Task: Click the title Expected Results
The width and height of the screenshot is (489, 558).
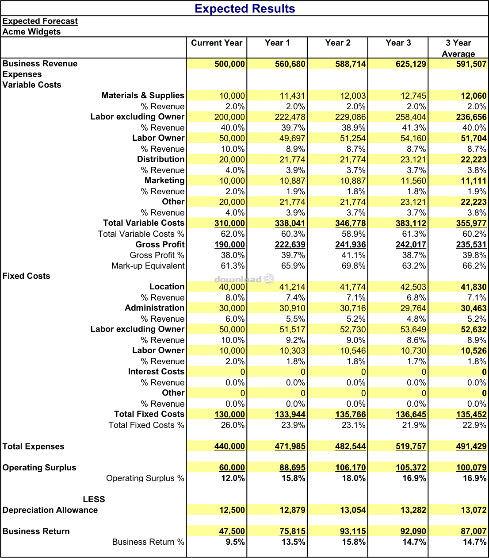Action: point(244,8)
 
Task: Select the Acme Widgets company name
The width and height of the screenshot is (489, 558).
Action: point(31,32)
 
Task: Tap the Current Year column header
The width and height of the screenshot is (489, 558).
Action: point(217,43)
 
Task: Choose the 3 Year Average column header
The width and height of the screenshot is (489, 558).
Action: point(458,48)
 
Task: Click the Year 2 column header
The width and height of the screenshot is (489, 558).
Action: point(338,43)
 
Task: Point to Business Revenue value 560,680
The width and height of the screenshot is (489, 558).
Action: point(290,64)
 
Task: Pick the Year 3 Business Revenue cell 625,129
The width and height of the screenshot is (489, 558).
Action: point(411,64)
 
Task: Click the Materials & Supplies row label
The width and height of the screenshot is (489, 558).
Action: point(142,96)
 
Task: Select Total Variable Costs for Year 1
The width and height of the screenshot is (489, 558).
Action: point(290,223)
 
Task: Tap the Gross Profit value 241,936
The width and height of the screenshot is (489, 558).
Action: point(351,245)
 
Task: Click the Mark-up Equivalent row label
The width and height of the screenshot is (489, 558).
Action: point(148,266)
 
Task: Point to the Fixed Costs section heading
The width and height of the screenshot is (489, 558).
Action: point(27,276)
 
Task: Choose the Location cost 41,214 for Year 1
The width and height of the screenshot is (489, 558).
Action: point(292,287)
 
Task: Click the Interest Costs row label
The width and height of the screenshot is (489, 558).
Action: point(156,372)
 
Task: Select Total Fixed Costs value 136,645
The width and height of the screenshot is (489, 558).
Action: point(411,415)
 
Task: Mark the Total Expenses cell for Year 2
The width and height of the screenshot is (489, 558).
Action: point(351,446)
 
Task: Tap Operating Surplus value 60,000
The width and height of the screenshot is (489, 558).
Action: point(232,468)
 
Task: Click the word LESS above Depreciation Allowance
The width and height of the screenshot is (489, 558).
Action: point(94,500)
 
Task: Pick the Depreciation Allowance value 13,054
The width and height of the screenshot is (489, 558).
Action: point(353,510)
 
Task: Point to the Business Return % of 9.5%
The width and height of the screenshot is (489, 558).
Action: point(233,542)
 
